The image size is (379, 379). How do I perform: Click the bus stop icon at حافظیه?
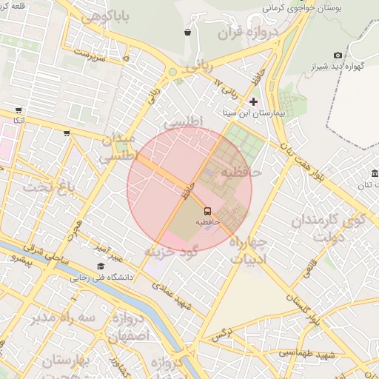coord(207,210)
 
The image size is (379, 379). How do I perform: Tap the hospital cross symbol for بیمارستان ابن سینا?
coord(254,101)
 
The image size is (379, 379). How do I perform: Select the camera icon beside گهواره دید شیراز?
coord(338,55)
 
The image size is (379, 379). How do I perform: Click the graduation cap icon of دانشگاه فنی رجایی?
coord(100,266)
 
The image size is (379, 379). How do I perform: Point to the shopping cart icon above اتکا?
coord(18,110)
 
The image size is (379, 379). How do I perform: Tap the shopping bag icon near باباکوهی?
coord(187,32)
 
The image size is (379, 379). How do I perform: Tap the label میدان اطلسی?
coord(118,147)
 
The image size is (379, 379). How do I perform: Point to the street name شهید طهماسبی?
coord(308,355)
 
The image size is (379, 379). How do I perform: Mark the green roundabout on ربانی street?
coord(173,72)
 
